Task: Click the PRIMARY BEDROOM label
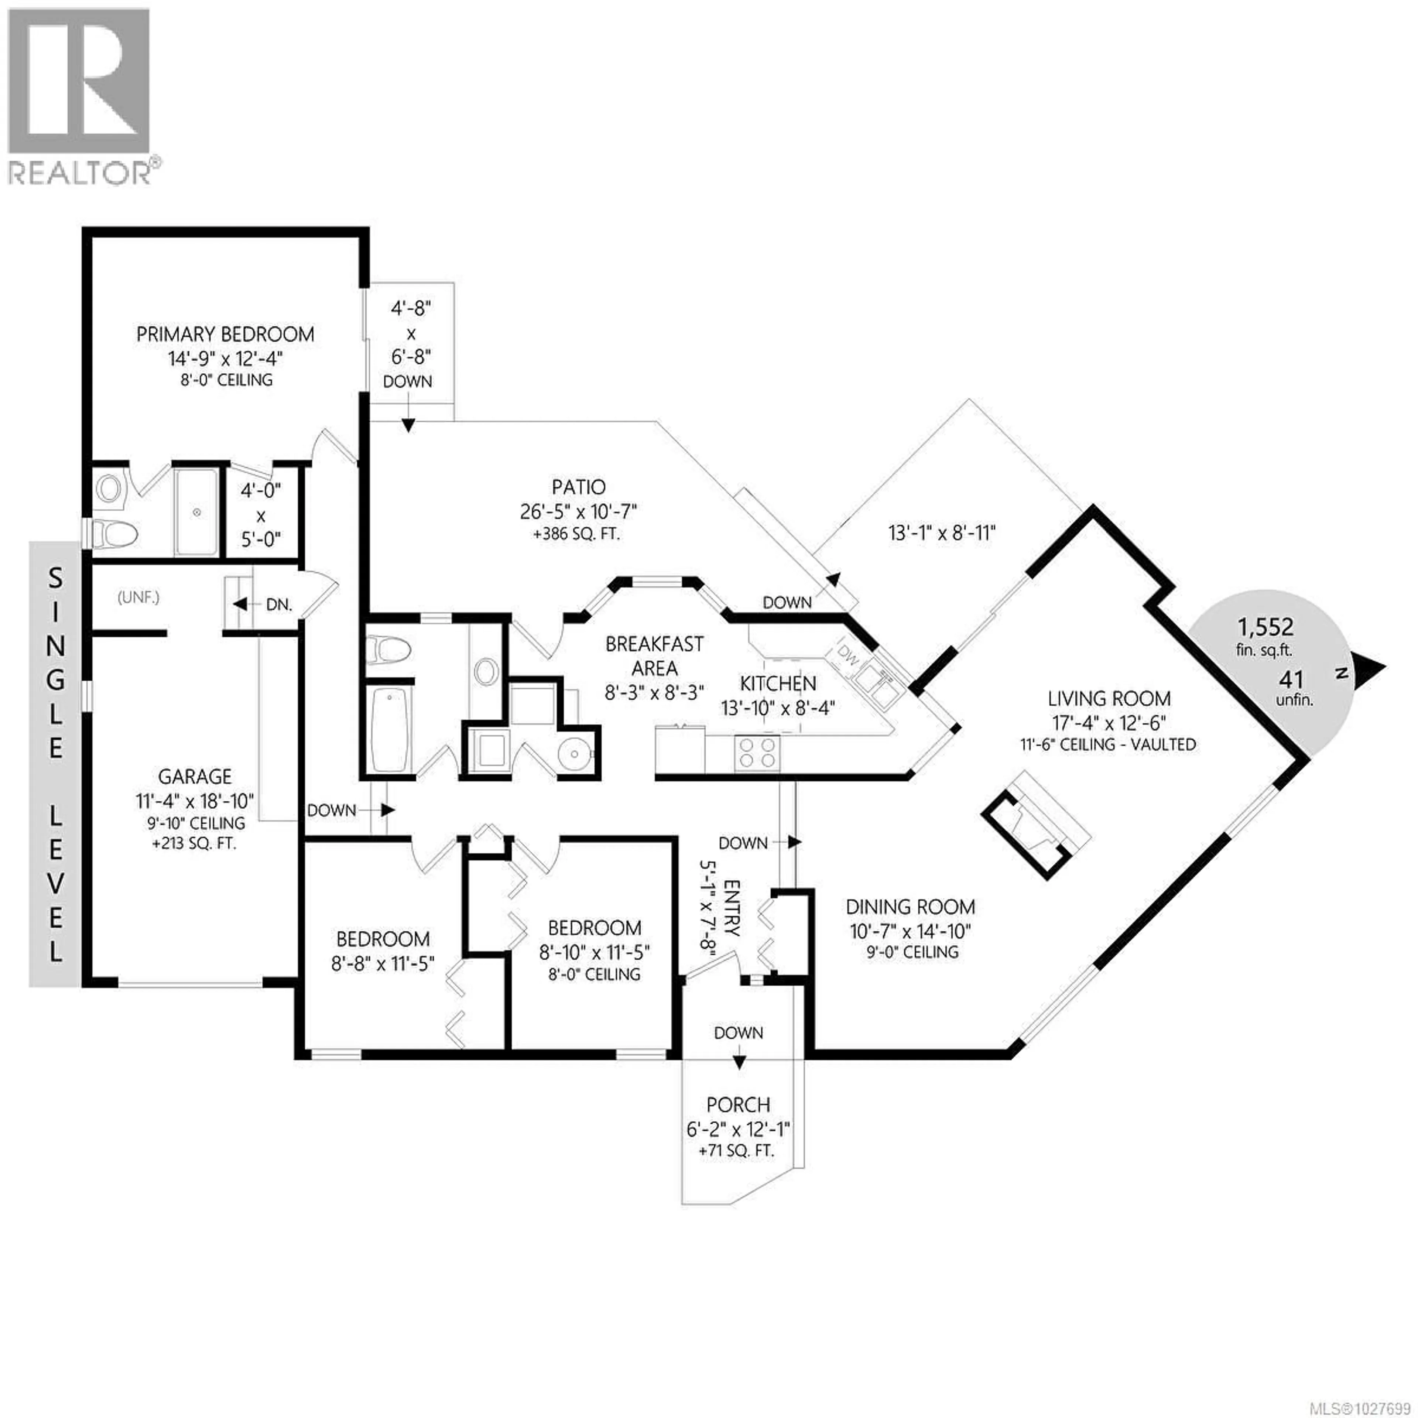[x=225, y=335]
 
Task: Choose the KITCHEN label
[x=778, y=684]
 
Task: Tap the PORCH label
[x=739, y=1104]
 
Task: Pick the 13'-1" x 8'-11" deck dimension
[x=942, y=533]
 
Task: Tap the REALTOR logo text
[x=82, y=173]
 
